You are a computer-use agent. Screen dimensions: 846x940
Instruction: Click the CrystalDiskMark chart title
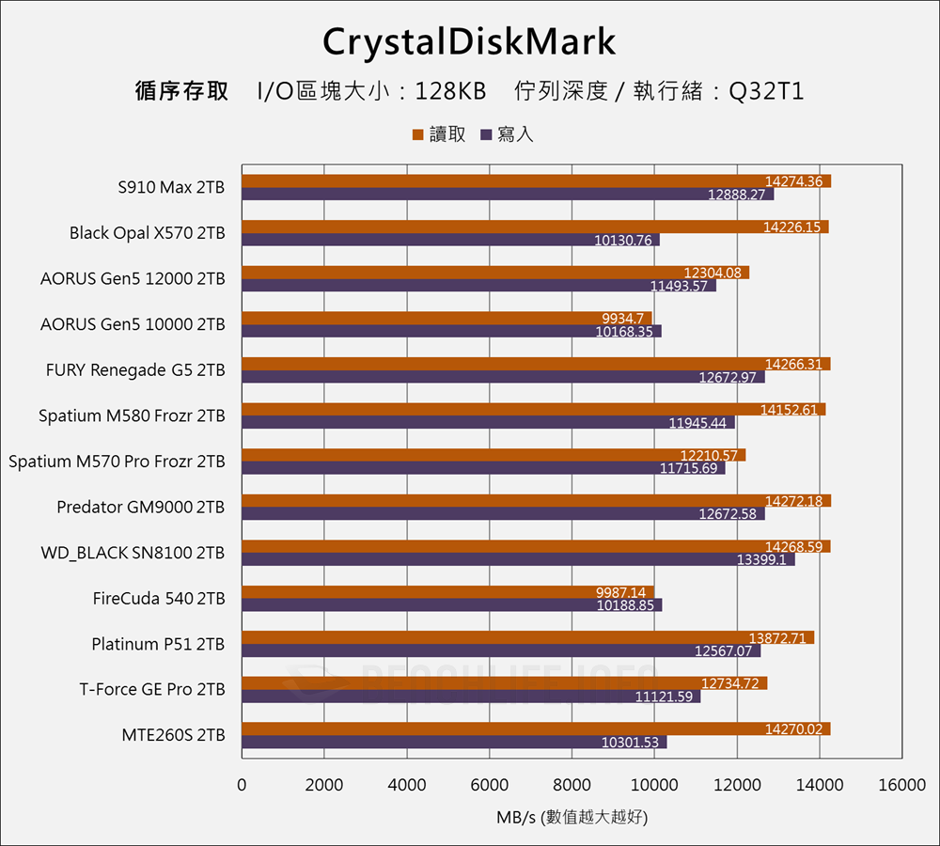469,42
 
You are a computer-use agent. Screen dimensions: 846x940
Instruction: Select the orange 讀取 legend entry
439,134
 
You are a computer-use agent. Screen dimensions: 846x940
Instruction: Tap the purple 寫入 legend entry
508,134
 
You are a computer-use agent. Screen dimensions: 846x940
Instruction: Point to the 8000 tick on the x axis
572,785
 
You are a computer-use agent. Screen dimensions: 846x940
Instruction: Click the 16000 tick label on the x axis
901,785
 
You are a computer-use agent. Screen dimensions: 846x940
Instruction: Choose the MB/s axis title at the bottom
572,817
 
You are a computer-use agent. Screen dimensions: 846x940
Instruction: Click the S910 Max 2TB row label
171,187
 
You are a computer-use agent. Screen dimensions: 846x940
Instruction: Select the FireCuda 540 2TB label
159,598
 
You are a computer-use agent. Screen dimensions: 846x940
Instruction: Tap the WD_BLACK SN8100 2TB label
133,553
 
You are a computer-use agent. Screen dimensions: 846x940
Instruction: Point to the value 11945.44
697,423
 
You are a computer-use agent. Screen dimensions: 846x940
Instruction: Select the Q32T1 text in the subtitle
766,92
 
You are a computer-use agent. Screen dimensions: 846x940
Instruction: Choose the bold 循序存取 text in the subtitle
181,92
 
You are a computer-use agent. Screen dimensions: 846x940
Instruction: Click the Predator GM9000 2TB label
140,507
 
